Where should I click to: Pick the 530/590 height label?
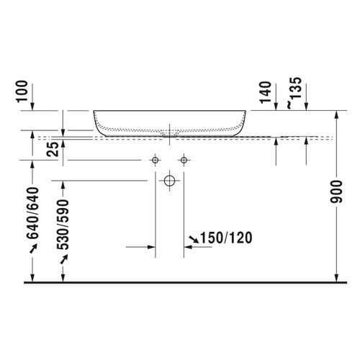(x=63, y=223)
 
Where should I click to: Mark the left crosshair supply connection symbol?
(x=155, y=159)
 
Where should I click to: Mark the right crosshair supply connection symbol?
(x=184, y=159)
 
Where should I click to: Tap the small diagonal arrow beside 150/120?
(x=193, y=238)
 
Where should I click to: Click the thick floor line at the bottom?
(x=180, y=282)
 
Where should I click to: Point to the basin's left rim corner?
(x=94, y=112)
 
